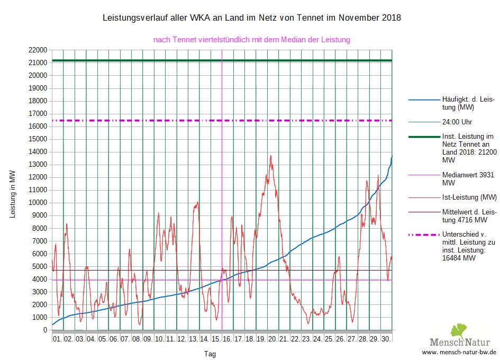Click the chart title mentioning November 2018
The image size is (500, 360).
[251, 17]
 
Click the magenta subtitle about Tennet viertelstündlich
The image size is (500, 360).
[251, 40]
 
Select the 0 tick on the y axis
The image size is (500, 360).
[44, 330]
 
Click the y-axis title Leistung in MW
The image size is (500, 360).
[13, 194]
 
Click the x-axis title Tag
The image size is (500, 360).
[210, 354]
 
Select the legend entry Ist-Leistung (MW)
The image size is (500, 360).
[469, 197]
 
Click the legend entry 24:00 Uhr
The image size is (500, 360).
[455, 121]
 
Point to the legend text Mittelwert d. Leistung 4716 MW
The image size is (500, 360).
[468, 216]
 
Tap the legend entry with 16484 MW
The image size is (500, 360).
[468, 246]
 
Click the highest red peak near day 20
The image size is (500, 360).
[271, 156]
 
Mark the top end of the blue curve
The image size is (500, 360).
[392, 157]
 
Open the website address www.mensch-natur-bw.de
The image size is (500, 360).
[459, 352]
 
